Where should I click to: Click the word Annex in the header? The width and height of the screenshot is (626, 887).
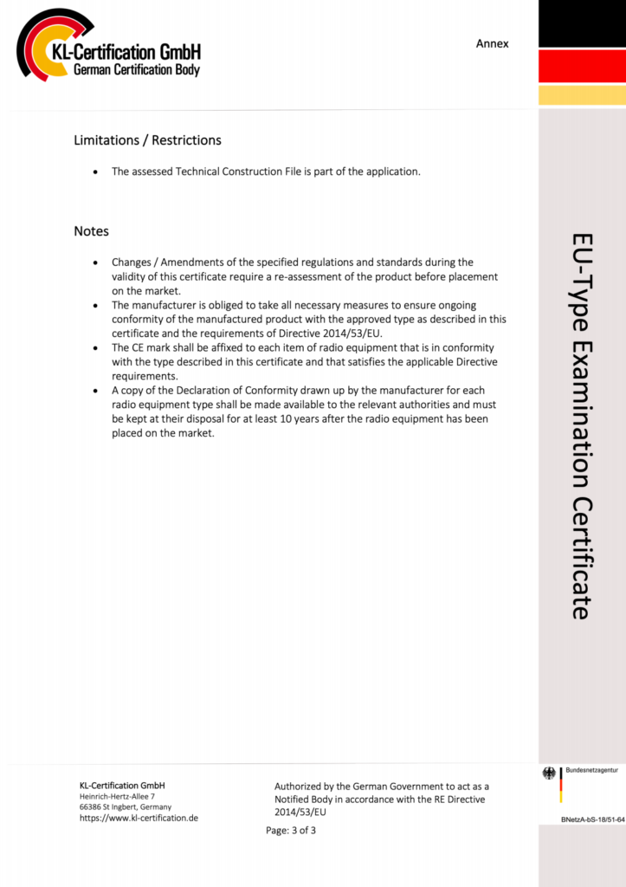[492, 43]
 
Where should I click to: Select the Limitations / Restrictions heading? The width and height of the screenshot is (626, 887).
[147, 140]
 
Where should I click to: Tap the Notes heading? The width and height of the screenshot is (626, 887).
[91, 231]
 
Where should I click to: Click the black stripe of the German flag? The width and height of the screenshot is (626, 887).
[581, 24]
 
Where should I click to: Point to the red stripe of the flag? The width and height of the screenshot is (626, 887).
[581, 66]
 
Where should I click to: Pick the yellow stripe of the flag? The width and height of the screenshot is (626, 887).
[581, 95]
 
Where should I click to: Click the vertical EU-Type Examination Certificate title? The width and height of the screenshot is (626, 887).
[581, 424]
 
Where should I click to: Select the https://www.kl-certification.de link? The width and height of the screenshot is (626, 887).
[139, 818]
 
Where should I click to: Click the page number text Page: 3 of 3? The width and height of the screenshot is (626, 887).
[291, 831]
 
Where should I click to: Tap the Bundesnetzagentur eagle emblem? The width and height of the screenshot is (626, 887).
[549, 774]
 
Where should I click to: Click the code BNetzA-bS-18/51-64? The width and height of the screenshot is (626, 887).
[592, 819]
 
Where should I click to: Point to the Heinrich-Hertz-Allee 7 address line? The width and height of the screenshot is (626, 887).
[117, 796]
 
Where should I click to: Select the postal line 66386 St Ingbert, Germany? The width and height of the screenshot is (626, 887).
[126, 806]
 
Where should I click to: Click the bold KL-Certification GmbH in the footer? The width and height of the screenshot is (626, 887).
[122, 785]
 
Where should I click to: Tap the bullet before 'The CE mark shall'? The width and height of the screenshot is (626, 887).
[94, 348]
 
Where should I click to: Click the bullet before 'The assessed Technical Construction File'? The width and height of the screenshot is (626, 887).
[94, 172]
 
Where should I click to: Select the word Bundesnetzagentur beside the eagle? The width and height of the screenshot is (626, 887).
[591, 769]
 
